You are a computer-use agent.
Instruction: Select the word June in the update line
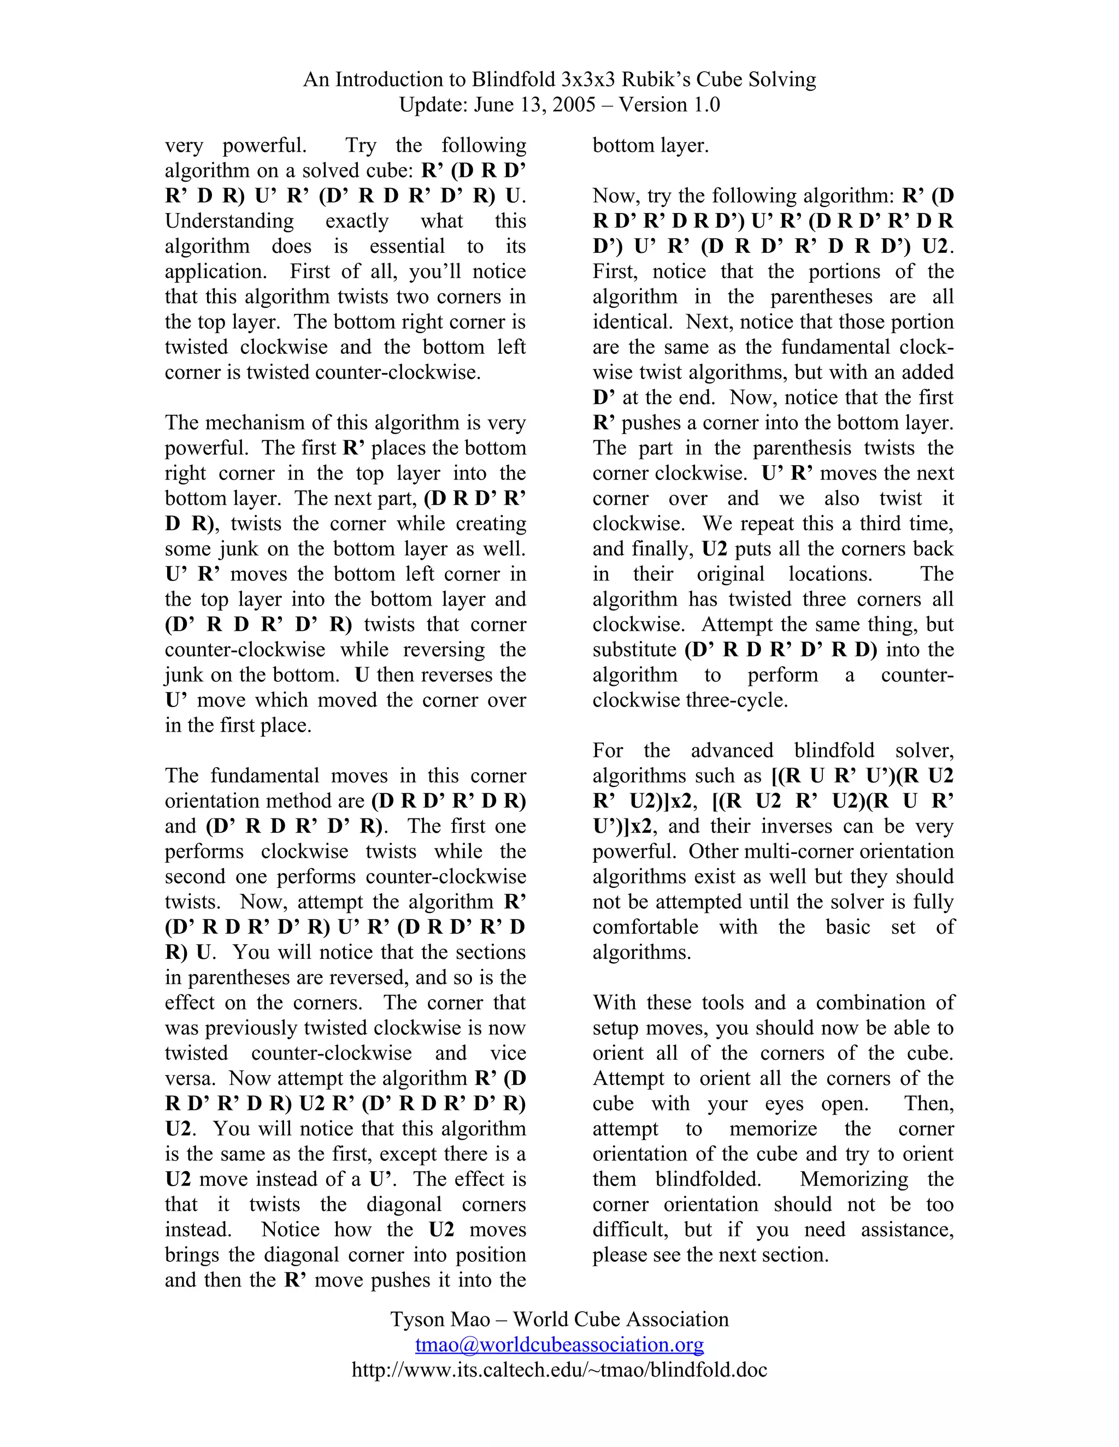[494, 105]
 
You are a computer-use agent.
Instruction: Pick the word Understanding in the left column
[229, 221]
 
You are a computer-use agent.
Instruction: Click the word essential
[407, 246]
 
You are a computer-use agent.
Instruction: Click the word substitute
[634, 649]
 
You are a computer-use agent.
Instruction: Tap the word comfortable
[645, 927]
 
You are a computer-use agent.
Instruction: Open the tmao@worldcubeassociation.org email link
[559, 1344]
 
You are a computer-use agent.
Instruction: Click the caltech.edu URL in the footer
[559, 1369]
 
